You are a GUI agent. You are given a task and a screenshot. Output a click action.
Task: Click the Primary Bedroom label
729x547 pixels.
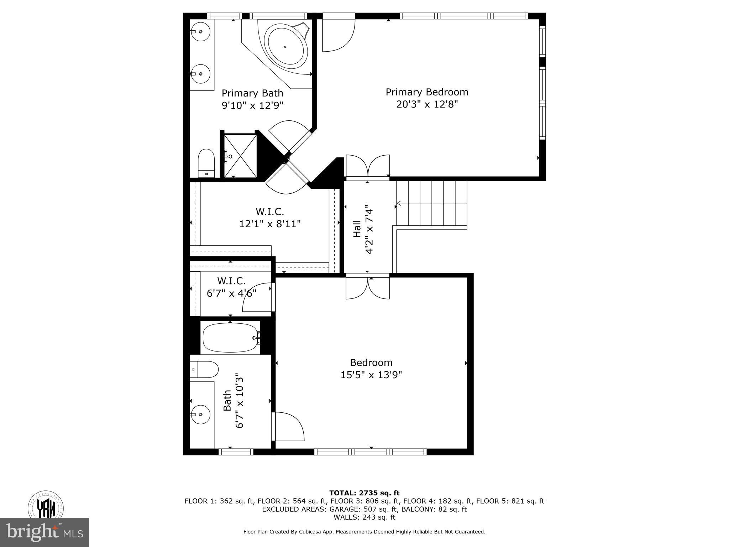pyautogui.click(x=427, y=92)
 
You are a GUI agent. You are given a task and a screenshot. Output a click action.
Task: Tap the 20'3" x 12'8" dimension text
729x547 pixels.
pyautogui.click(x=427, y=104)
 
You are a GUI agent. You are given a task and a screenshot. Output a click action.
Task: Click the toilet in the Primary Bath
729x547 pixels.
pyautogui.click(x=206, y=163)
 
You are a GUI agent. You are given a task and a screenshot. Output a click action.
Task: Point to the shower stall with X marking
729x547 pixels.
pyautogui.click(x=240, y=155)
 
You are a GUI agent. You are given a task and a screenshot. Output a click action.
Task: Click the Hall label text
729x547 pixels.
pyautogui.click(x=357, y=229)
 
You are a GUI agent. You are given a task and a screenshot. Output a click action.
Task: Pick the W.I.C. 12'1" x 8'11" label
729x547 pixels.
pyautogui.click(x=270, y=218)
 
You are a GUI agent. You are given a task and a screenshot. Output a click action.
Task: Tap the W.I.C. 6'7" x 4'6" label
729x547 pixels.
pyautogui.click(x=231, y=287)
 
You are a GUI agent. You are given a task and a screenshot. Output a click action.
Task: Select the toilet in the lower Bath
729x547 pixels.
pyautogui.click(x=204, y=370)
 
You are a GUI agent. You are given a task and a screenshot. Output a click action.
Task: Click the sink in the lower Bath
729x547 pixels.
pyautogui.click(x=200, y=415)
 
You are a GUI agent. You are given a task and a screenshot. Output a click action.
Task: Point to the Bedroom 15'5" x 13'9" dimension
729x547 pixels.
pyautogui.click(x=371, y=375)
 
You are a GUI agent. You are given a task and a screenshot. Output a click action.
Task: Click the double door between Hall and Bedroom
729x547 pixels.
pyautogui.click(x=368, y=288)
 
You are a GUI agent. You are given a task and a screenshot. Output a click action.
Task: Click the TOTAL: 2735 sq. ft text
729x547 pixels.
pyautogui.click(x=364, y=493)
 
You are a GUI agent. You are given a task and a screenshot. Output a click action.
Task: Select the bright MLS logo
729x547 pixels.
pyautogui.click(x=44, y=532)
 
